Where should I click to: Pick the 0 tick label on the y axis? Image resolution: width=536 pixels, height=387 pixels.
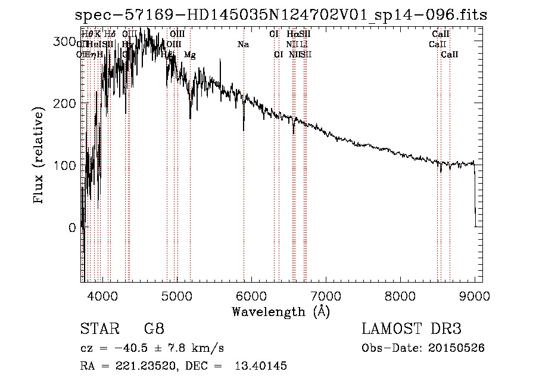point(72,227)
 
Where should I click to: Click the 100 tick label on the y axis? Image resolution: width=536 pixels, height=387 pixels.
point(66,165)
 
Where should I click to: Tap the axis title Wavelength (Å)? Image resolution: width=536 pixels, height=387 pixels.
point(281,311)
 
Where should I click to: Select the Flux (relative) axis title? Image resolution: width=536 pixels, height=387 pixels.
point(39,156)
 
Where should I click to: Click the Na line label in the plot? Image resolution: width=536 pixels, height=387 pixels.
point(242,44)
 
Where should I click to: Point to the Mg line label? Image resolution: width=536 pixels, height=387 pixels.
point(190,55)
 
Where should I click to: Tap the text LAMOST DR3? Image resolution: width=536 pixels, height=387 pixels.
point(412,329)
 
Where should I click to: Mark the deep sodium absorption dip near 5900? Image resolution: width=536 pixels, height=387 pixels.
point(244,126)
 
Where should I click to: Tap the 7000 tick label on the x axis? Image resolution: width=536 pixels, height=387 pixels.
point(325,295)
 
